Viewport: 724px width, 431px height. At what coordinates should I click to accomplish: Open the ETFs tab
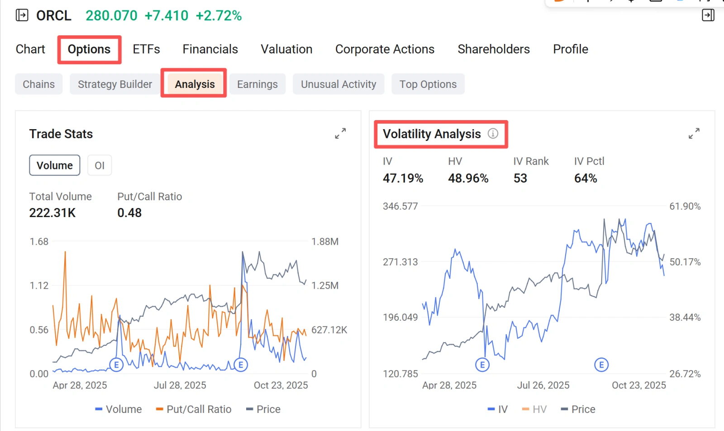[x=146, y=49]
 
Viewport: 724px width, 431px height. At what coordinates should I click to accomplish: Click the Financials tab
[x=210, y=49]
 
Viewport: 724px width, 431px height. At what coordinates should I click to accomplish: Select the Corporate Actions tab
[x=385, y=49]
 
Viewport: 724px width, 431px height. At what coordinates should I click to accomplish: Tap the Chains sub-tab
[x=39, y=84]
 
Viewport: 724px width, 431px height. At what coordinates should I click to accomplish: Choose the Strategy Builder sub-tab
[x=115, y=84]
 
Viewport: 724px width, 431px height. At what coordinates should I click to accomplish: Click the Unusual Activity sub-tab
[x=338, y=84]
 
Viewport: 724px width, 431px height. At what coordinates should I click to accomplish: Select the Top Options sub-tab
[x=428, y=84]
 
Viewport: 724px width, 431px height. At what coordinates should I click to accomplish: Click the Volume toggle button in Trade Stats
[x=55, y=165]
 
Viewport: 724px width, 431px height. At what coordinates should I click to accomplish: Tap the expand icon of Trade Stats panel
[x=340, y=133]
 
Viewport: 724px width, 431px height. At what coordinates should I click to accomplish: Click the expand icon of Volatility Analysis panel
[x=694, y=133]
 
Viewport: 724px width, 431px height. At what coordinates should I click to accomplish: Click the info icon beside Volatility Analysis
[x=493, y=133]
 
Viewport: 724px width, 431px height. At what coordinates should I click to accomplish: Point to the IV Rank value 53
[x=520, y=179]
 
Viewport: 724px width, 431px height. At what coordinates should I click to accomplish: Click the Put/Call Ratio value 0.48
[x=129, y=213]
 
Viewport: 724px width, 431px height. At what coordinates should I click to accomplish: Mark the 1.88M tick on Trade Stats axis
[x=325, y=242]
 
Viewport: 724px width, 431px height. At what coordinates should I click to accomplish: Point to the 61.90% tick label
[x=685, y=206]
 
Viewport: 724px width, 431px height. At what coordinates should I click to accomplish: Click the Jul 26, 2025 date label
[x=543, y=385]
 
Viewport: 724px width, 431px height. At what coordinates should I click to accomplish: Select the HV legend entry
[x=534, y=409]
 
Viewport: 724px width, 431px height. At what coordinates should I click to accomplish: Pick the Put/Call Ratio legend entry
[x=194, y=409]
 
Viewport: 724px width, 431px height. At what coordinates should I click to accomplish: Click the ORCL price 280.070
[x=111, y=15]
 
